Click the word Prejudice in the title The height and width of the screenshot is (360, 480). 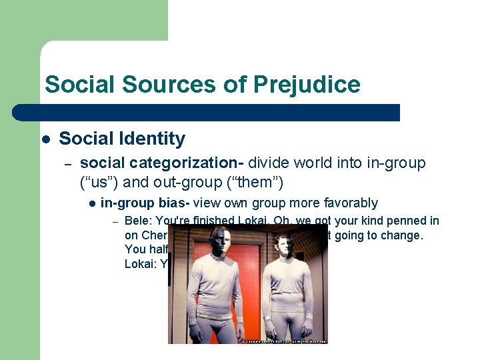(x=307, y=85)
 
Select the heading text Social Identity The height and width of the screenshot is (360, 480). (x=122, y=139)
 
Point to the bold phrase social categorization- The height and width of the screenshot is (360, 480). (x=164, y=163)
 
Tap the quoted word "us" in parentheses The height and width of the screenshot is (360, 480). (x=101, y=181)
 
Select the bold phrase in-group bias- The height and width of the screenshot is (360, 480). (x=143, y=203)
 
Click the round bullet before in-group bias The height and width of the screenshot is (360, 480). (x=92, y=203)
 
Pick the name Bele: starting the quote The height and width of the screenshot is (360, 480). (x=137, y=221)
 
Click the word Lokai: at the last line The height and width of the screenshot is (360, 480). (x=141, y=263)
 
